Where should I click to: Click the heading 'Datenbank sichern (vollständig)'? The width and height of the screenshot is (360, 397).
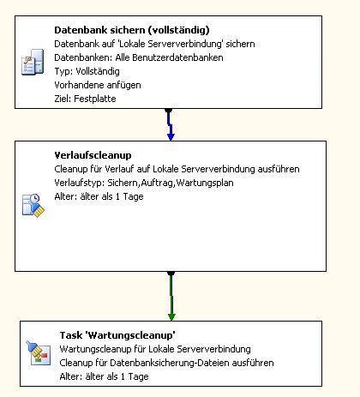click(x=132, y=30)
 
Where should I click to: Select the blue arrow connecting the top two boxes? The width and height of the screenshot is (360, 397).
click(x=170, y=124)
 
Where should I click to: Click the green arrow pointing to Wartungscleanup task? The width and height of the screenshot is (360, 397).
click(x=171, y=296)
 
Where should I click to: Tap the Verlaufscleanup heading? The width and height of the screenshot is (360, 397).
click(x=93, y=155)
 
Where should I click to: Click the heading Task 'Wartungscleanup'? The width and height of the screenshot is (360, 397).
click(x=117, y=335)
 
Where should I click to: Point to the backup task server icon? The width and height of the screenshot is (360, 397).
click(x=33, y=62)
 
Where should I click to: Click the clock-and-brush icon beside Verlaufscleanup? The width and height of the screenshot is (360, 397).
click(x=33, y=206)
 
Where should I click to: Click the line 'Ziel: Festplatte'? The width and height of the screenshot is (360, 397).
click(x=85, y=99)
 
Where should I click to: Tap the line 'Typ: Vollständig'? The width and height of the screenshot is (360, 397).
click(x=87, y=71)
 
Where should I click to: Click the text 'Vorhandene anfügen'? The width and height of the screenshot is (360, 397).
click(x=98, y=85)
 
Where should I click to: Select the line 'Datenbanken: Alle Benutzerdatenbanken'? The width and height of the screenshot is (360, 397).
click(x=139, y=57)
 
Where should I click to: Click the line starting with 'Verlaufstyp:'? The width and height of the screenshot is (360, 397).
click(x=144, y=183)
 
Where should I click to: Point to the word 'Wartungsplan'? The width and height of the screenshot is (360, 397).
click(x=205, y=183)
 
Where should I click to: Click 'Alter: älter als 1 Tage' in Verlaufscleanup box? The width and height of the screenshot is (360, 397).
click(x=99, y=196)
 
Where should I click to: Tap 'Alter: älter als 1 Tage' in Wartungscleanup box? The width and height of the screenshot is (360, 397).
click(x=104, y=376)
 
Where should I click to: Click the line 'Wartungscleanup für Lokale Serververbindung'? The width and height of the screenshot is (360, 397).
click(x=155, y=349)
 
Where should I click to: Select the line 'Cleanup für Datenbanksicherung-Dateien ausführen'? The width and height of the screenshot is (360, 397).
click(x=166, y=363)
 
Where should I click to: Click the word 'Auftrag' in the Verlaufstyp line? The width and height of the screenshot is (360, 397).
click(x=157, y=183)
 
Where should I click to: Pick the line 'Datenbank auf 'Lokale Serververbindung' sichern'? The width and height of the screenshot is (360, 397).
click(x=154, y=44)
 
